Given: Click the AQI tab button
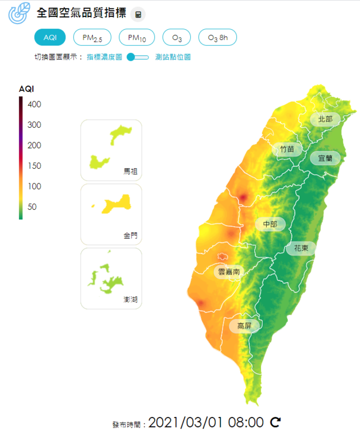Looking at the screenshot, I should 50,37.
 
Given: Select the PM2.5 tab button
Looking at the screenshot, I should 92,37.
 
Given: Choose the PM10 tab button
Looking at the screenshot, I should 137,37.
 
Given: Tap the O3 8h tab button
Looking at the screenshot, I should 218,37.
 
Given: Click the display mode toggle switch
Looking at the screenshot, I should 137,57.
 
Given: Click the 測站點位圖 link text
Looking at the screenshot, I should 173,57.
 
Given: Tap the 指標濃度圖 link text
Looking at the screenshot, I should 104,57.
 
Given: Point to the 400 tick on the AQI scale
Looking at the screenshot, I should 34,104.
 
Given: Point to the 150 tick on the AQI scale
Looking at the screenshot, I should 34,165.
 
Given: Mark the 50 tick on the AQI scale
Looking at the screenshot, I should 31,206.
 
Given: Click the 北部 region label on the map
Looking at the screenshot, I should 325,119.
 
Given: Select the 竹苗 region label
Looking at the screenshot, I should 287,149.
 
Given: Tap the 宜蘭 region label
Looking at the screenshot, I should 325,158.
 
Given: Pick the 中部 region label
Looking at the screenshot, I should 270,224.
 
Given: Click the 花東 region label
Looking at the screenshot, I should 301,248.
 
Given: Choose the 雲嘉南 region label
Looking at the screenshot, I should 229,272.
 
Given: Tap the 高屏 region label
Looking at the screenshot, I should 245,326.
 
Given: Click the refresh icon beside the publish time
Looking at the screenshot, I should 276,422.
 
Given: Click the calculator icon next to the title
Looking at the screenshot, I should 138,15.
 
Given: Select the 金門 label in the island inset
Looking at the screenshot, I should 130,236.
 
